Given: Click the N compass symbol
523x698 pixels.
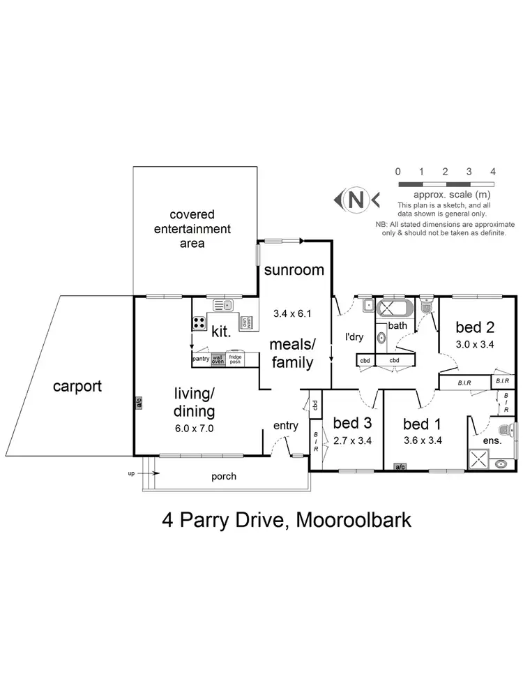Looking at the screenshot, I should (356, 200).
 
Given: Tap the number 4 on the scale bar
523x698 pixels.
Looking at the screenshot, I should (492, 171).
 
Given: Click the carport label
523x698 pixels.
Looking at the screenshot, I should (77, 386).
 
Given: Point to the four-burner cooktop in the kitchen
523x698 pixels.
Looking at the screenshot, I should (199, 322).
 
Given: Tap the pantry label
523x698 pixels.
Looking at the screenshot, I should (201, 359).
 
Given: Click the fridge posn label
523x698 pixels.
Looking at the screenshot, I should (236, 359).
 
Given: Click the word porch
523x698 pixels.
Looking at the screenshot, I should (223, 477).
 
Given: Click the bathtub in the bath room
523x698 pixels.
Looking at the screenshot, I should (395, 308).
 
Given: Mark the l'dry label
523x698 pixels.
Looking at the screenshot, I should (355, 335).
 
